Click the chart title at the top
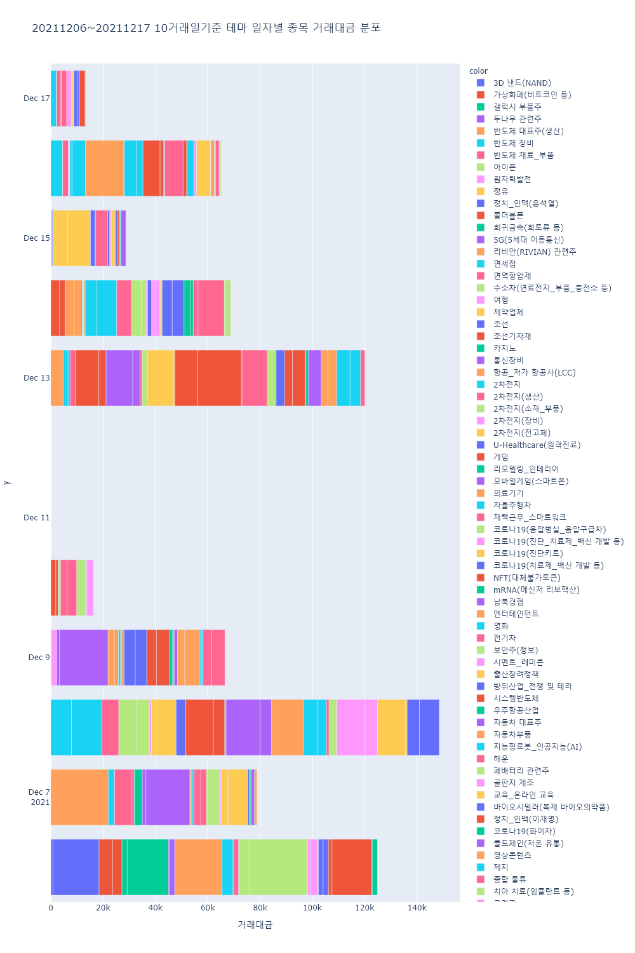point(206,28)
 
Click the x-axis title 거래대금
point(255,924)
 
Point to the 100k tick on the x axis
point(312,907)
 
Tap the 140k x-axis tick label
point(417,907)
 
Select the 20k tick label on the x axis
point(104,907)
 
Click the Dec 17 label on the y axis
point(36,98)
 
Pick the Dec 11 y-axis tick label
point(36,518)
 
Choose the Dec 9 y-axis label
point(39,658)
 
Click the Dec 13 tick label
point(36,378)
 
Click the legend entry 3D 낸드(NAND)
point(522,83)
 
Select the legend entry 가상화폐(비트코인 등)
point(532,95)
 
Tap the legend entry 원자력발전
point(512,180)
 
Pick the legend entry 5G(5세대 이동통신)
point(528,240)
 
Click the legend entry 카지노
point(504,349)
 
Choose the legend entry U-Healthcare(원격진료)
point(537,445)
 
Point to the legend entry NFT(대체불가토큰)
point(526,578)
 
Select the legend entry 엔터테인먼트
point(516,614)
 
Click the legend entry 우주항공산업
point(516,711)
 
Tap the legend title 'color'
point(478,71)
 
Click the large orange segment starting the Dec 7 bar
point(79,797)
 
